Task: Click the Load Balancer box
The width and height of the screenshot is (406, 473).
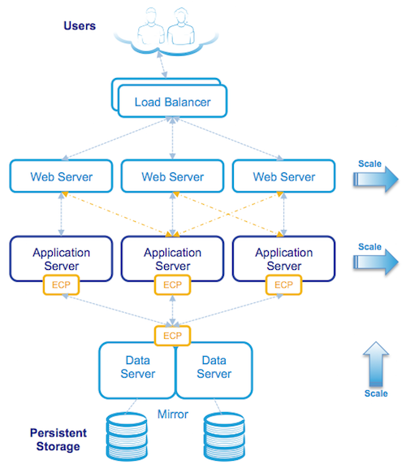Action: (x=172, y=101)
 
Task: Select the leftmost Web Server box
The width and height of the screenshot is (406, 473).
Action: (x=61, y=176)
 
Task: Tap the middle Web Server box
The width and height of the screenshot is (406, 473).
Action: (x=172, y=176)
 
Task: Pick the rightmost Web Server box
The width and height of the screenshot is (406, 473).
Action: (x=283, y=176)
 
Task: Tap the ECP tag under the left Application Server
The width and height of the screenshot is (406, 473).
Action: (x=61, y=284)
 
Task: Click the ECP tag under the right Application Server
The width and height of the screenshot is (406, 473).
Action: (x=283, y=284)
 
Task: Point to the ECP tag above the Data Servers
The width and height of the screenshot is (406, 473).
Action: (x=172, y=336)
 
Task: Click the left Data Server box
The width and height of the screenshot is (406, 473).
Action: (x=137, y=370)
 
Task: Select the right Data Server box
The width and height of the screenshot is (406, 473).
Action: (x=214, y=370)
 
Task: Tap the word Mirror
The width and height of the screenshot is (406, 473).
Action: (x=173, y=414)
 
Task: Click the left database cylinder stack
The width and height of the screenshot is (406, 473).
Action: (x=127, y=436)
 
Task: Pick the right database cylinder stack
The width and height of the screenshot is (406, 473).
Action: (x=224, y=436)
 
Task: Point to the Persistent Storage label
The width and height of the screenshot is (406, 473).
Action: (x=58, y=440)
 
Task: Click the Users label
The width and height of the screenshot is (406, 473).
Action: (x=80, y=26)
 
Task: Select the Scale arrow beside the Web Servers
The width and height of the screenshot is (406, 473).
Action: (x=376, y=179)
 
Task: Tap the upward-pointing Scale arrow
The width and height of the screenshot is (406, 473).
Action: (x=376, y=364)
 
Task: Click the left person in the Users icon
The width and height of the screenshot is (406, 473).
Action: (x=151, y=27)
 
